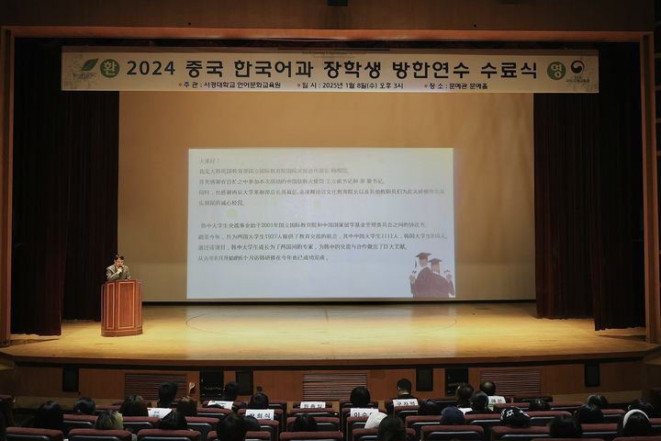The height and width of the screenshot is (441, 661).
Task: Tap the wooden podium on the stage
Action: coord(121,308)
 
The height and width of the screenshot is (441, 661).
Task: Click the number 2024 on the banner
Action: coord(150,68)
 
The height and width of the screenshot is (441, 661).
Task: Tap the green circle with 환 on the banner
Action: coord(109,68)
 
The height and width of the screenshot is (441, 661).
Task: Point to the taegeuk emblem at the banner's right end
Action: coord(577,67)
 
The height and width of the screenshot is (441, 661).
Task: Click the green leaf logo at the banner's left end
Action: coord(88,66)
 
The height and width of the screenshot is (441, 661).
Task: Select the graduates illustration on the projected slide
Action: coord(431,275)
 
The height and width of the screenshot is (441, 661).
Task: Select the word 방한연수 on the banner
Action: coord(423,68)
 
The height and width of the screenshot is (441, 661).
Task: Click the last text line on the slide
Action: coord(262,258)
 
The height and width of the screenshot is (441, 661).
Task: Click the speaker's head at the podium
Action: coord(118,260)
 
